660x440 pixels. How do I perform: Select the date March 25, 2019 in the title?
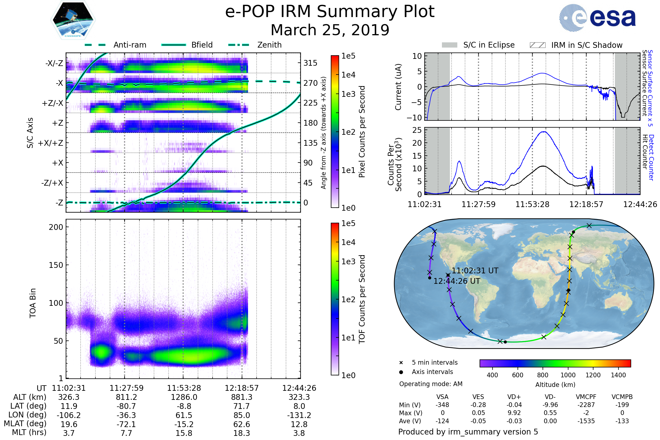[x=330, y=30]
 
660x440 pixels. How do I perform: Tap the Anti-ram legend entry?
[x=130, y=45]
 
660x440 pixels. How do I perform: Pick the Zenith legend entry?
[x=269, y=45]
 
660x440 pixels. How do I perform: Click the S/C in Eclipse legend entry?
[x=489, y=45]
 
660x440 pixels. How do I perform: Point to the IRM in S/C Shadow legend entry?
[x=587, y=45]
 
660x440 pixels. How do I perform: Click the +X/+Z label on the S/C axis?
[x=51, y=143]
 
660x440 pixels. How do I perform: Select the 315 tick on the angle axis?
[x=310, y=63]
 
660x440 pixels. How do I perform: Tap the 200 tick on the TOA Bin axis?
[x=56, y=227]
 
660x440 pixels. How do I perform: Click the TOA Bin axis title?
[x=33, y=303]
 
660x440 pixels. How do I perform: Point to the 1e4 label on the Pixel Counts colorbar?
[x=348, y=75]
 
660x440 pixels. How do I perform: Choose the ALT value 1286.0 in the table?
[x=184, y=397]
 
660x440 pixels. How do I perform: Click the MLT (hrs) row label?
[x=29, y=432]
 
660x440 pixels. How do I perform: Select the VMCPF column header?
[x=586, y=397]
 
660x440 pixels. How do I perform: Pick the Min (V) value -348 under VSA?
[x=442, y=405]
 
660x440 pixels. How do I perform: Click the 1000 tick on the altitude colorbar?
[x=568, y=375]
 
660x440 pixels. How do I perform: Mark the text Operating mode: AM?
[x=430, y=384]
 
